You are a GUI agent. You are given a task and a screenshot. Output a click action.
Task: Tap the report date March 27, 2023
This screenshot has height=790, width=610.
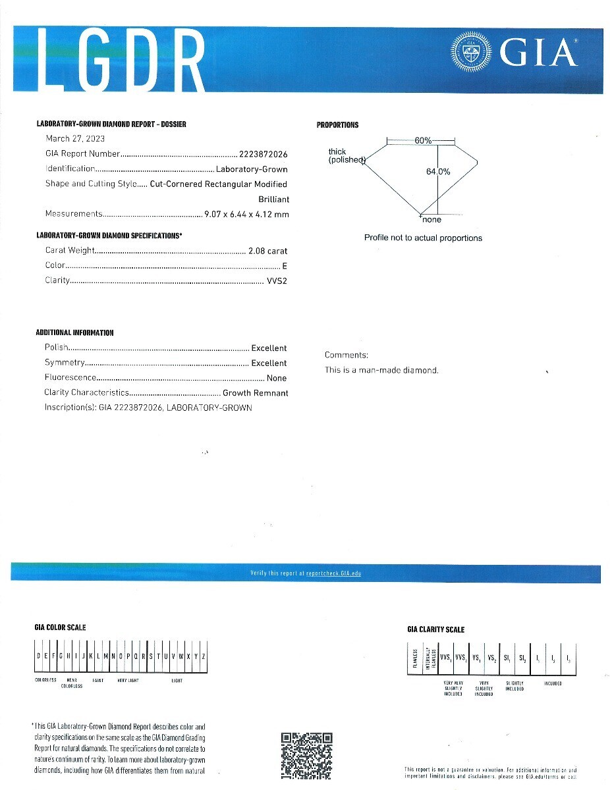(x=75, y=138)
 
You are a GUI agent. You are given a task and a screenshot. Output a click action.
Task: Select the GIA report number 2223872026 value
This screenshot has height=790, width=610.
(x=264, y=154)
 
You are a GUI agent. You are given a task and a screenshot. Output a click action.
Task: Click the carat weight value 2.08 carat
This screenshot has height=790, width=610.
(x=268, y=251)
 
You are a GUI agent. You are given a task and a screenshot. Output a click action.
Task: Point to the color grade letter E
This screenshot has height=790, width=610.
(x=285, y=266)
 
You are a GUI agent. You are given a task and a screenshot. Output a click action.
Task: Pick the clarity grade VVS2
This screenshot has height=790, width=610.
(x=277, y=280)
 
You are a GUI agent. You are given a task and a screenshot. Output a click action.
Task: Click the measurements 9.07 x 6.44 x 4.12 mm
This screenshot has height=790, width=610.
(x=246, y=214)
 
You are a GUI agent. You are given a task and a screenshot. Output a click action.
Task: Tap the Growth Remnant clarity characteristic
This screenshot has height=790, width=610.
(x=256, y=393)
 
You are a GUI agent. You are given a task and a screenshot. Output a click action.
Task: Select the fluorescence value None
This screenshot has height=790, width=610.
(x=277, y=379)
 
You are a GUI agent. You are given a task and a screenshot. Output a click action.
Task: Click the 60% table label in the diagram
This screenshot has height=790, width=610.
(x=423, y=141)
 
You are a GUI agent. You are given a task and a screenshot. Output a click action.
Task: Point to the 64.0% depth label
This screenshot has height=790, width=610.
(x=438, y=171)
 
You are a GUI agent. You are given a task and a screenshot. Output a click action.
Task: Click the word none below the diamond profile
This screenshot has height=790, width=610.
(x=431, y=220)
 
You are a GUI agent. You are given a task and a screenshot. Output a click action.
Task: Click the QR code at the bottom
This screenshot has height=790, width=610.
(x=306, y=756)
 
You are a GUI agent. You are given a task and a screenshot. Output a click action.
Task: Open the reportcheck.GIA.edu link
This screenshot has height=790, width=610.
(x=333, y=573)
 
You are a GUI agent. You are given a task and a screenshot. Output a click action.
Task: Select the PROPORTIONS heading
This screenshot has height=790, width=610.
(x=337, y=125)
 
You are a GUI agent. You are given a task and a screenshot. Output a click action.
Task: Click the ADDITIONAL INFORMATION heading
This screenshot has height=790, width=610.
(x=74, y=333)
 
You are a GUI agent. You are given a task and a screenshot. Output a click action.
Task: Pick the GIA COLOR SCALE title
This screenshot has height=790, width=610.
(x=60, y=627)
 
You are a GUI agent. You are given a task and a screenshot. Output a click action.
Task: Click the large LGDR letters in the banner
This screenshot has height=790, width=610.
(x=122, y=61)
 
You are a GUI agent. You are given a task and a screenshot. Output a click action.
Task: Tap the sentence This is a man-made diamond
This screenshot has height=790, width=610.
(x=381, y=370)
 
